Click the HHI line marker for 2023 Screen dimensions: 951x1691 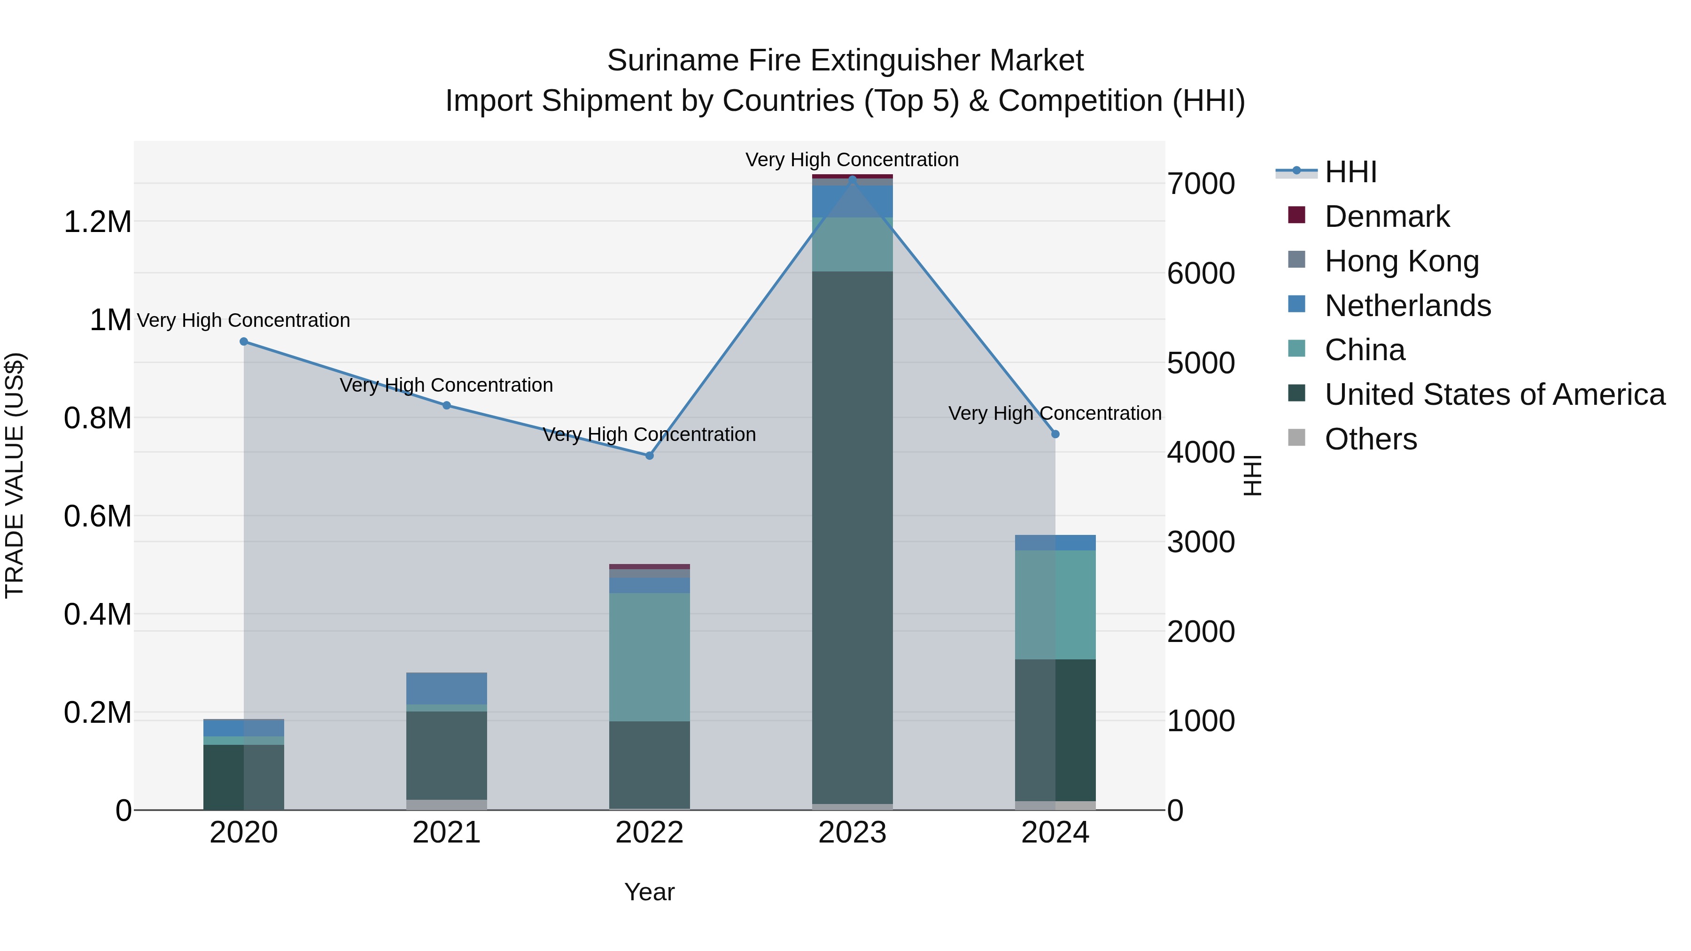(852, 179)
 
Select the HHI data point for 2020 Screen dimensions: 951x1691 (243, 341)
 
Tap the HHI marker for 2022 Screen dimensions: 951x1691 (649, 456)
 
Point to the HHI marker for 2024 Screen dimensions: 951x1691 (1055, 434)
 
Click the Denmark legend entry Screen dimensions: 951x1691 (1387, 216)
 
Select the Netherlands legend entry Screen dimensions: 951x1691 (1407, 306)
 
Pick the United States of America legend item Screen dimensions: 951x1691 (1494, 394)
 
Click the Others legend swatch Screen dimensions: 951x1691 (1296, 438)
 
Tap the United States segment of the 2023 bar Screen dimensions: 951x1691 (852, 538)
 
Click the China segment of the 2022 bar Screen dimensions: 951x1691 (649, 657)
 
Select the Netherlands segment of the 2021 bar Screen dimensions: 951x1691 (446, 688)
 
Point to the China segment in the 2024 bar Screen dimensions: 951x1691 (1055, 604)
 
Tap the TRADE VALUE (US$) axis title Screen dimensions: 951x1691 (15, 475)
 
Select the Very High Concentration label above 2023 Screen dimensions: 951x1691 (852, 160)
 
